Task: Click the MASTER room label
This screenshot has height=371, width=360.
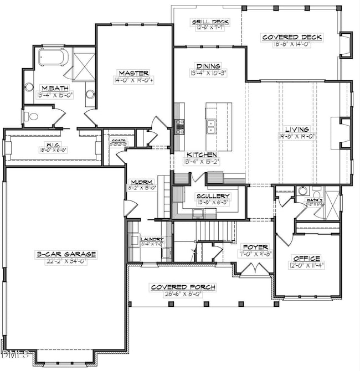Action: pyautogui.click(x=133, y=73)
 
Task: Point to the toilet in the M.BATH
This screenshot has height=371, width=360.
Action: pyautogui.click(x=30, y=116)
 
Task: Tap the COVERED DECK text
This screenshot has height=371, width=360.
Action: pyautogui.click(x=291, y=37)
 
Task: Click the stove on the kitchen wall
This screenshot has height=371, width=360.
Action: pyautogui.click(x=179, y=127)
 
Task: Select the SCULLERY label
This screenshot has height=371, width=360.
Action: pyautogui.click(x=213, y=196)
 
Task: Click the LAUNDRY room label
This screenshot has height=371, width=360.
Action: pyautogui.click(x=151, y=239)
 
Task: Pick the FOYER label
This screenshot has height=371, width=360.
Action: pyautogui.click(x=255, y=247)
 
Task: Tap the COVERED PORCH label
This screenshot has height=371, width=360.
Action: pyautogui.click(x=183, y=287)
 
